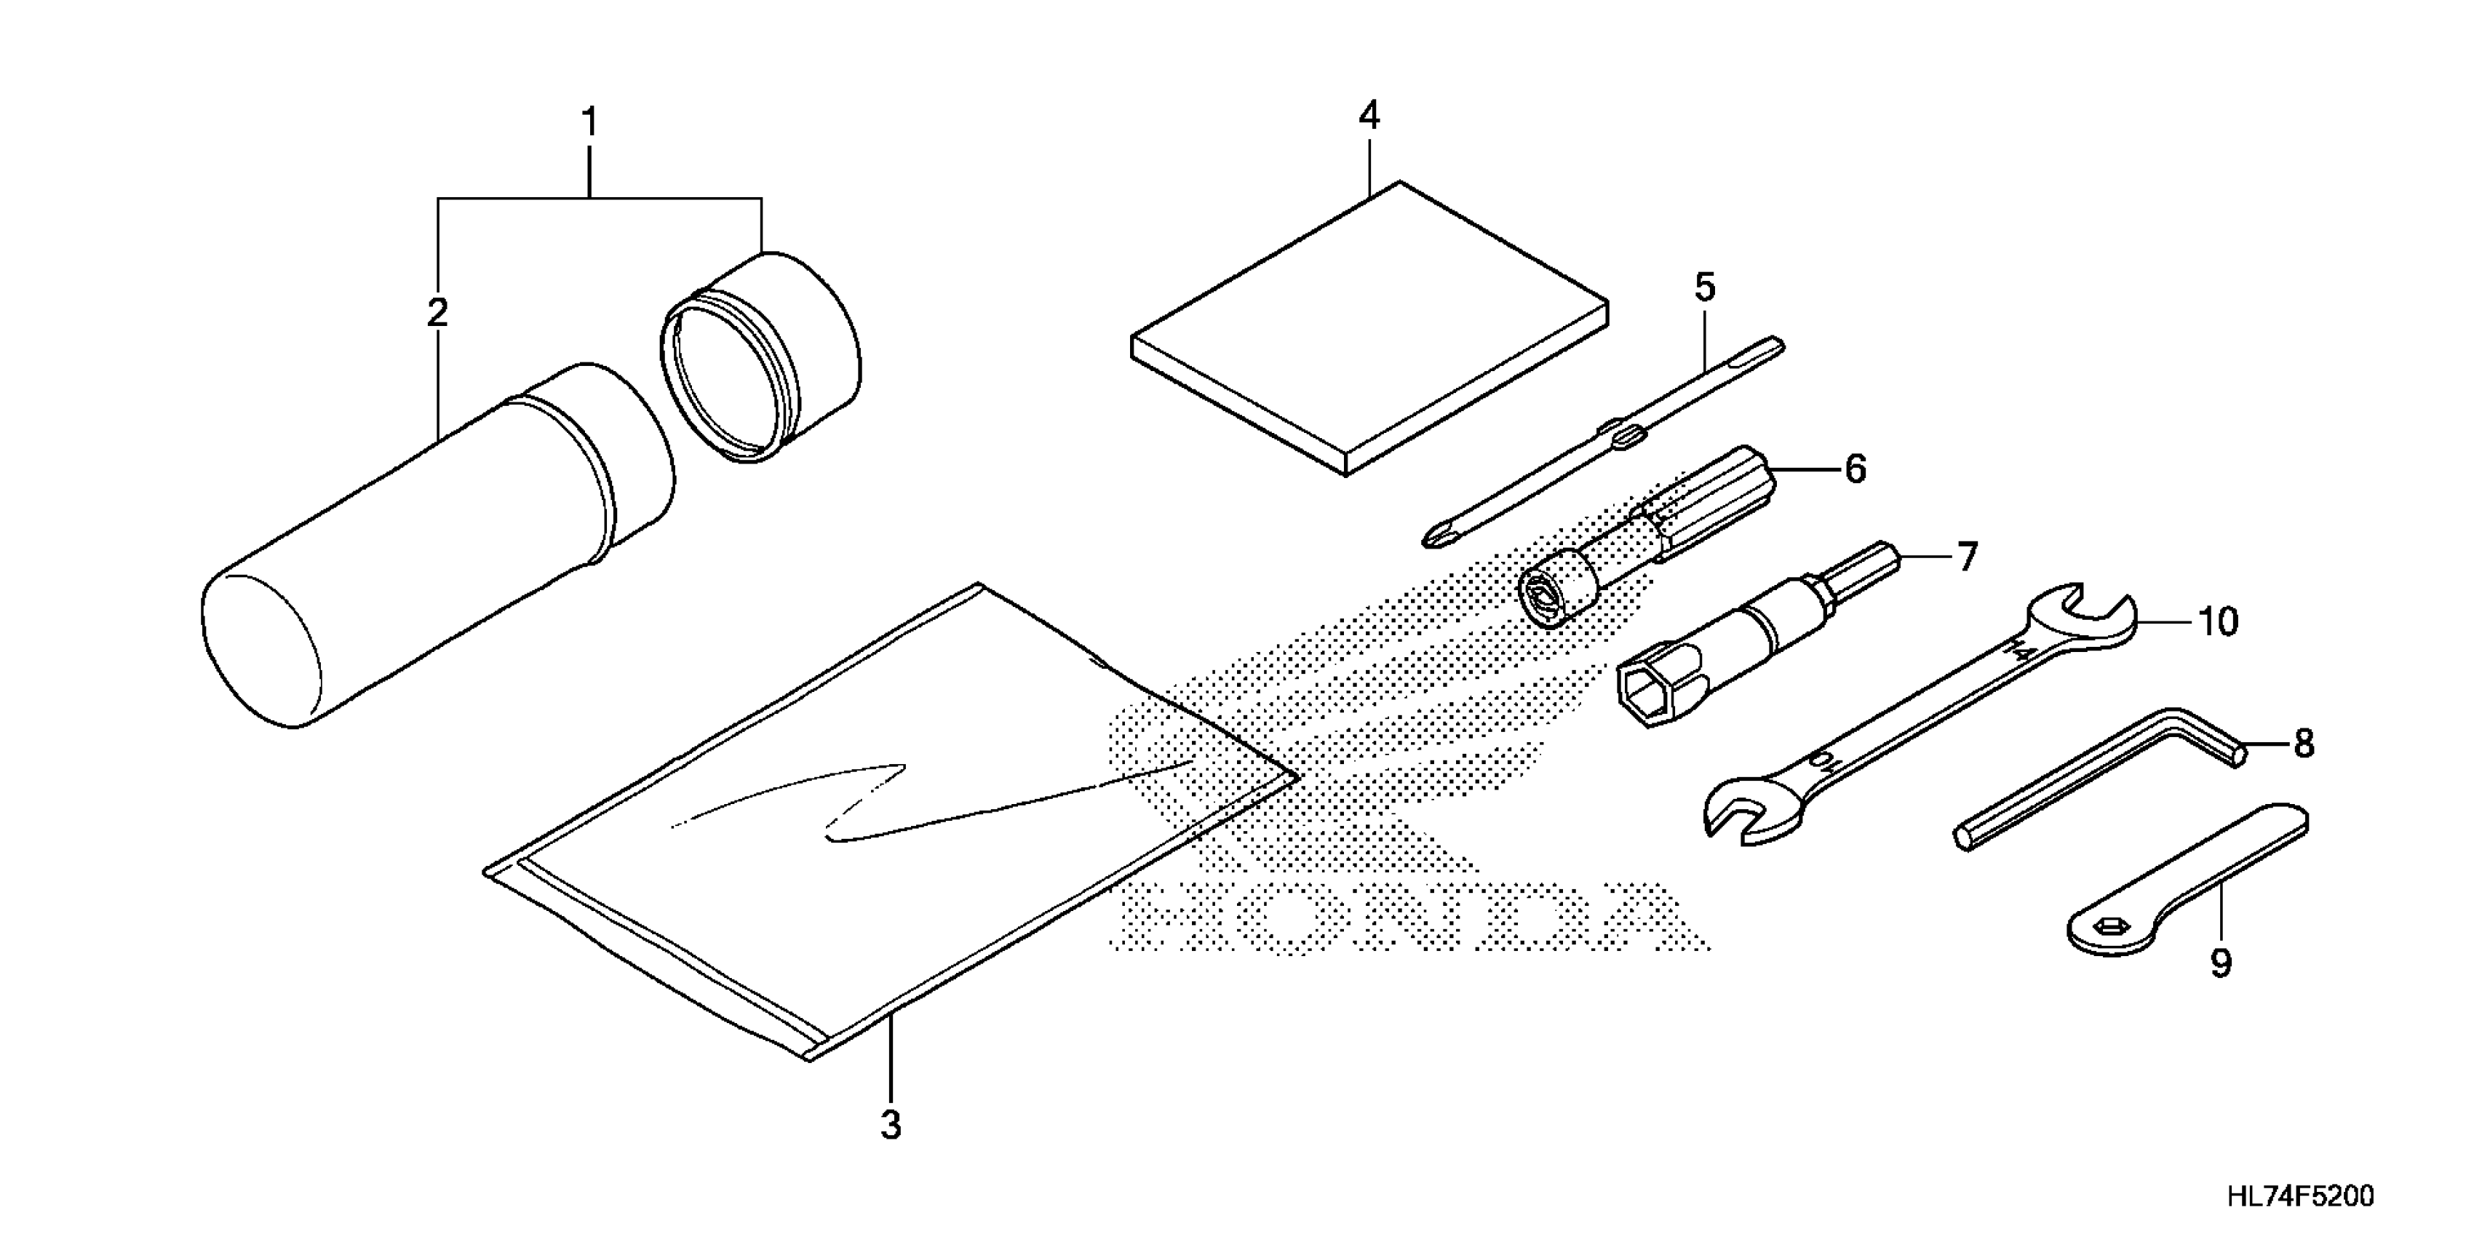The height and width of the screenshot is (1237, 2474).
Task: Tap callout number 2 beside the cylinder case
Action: [437, 313]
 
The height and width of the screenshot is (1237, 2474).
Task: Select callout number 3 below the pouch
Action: [891, 1125]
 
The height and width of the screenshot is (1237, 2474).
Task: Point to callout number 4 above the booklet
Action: [1369, 116]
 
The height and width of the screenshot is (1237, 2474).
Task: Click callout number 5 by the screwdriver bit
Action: [1703, 287]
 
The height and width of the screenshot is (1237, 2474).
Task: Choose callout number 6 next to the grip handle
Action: [1855, 469]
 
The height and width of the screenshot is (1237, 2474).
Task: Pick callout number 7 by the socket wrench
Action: [1967, 557]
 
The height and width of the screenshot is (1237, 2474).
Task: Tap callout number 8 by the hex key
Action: [2303, 744]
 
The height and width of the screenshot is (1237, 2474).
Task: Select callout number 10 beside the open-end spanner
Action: [2219, 622]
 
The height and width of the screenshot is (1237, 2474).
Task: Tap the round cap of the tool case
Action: [763, 357]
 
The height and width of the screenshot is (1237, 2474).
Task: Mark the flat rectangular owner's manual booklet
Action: [1369, 327]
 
